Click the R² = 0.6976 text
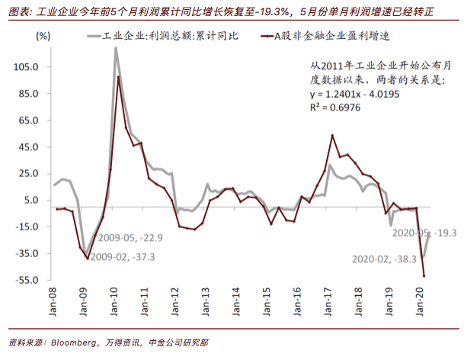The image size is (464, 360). pos(335,108)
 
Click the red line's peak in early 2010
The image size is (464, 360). pos(118,77)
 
